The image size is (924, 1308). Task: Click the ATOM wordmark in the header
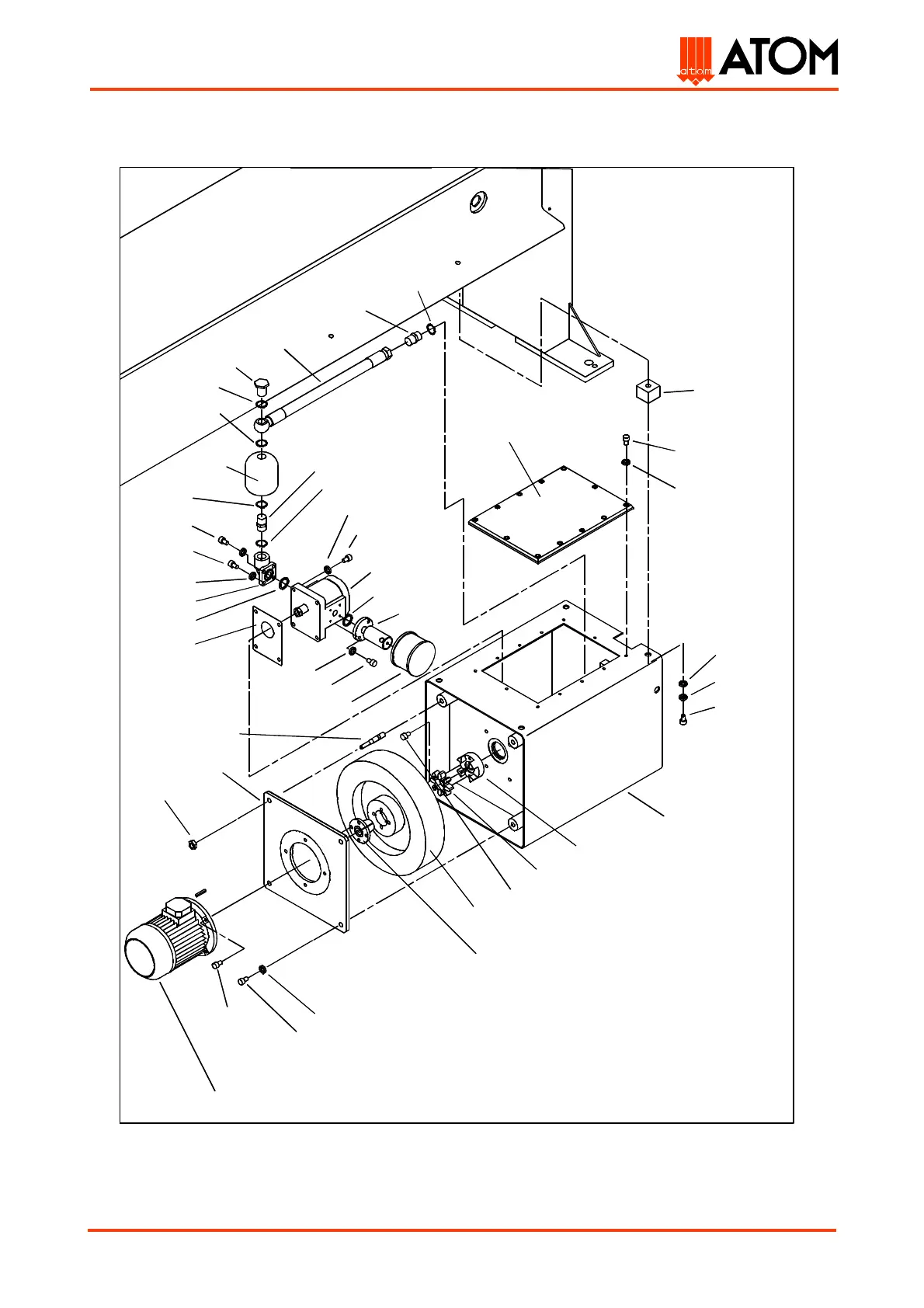point(779,57)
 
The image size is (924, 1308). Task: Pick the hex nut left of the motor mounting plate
point(191,844)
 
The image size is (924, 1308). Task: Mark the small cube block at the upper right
point(648,391)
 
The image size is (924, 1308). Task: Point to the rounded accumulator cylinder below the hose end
point(261,473)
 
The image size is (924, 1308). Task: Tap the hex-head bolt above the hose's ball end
point(262,384)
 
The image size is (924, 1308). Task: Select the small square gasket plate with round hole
point(268,635)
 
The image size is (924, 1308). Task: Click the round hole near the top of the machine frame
point(475,204)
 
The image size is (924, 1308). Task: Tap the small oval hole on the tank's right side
point(658,689)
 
